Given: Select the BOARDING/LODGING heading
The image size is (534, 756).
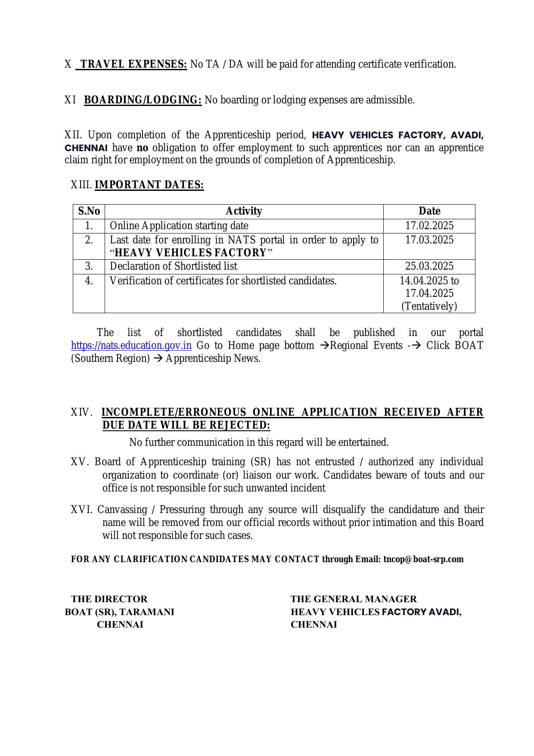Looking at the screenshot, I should [x=143, y=100].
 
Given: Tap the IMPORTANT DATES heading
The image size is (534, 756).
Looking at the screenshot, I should [x=149, y=185].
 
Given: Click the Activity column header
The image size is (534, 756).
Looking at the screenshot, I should [x=244, y=211].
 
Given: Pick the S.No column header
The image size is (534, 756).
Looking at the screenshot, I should [x=89, y=211].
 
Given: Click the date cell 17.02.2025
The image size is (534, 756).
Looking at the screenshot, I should [x=429, y=226].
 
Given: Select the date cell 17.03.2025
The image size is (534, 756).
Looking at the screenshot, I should [x=429, y=240].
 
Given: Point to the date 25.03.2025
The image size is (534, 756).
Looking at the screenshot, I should [x=429, y=266].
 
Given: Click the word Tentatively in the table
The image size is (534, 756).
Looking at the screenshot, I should [x=429, y=306].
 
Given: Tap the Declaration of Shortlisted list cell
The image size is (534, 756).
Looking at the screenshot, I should [x=174, y=266].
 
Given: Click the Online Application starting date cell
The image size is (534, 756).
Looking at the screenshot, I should [x=179, y=226].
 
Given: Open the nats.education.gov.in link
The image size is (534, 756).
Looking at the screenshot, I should [x=131, y=345].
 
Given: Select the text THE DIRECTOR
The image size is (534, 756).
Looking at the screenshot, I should [x=109, y=599].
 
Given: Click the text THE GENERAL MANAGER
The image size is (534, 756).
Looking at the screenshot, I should [x=354, y=599].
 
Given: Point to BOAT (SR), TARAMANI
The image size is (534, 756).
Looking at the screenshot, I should [x=119, y=612].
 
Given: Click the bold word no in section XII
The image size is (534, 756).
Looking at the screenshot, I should [x=142, y=148].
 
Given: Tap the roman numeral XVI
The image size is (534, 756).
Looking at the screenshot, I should [x=81, y=510].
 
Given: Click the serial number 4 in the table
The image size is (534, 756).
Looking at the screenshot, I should [x=89, y=281].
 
